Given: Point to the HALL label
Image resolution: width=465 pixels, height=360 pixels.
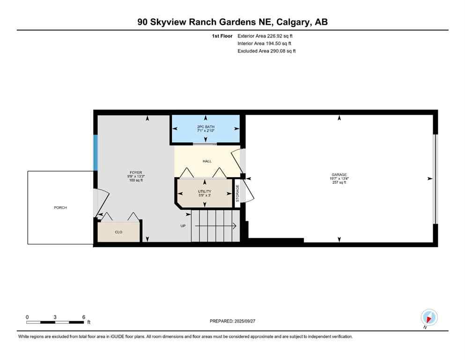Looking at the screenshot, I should (207, 161).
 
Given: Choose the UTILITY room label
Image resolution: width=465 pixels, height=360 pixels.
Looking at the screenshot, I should (205, 191).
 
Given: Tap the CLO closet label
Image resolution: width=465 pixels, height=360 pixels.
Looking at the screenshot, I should (118, 232).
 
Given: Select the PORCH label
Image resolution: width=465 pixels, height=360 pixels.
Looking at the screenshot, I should (60, 207).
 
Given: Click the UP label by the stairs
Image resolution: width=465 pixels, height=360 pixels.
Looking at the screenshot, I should (183, 226).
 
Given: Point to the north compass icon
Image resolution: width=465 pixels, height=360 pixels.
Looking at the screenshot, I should (429, 317).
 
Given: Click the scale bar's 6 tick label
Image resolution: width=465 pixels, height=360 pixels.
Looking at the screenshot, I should (83, 317).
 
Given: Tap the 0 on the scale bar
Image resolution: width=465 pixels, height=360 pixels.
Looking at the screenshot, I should (27, 317).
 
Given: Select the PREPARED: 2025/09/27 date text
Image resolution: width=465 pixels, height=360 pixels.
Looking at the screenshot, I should (233, 321).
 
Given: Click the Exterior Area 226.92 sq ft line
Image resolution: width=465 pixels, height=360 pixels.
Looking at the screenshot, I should (266, 36).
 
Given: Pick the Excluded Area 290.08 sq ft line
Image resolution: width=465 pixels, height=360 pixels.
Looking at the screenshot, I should (266, 51).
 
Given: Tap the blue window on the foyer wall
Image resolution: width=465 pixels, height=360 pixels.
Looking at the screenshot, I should (96, 153).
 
